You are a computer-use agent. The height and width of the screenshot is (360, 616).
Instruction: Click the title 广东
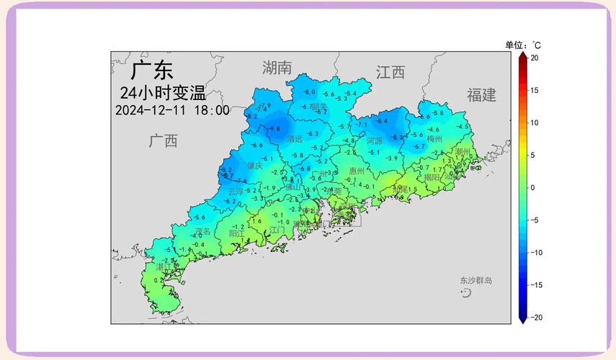(152, 71)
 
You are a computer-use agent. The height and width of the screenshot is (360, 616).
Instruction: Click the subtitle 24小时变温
(163, 93)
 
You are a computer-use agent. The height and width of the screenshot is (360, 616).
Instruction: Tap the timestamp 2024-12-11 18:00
(172, 110)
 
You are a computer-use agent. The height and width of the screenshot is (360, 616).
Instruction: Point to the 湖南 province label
(277, 68)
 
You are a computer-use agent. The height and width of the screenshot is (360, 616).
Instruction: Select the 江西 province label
(390, 72)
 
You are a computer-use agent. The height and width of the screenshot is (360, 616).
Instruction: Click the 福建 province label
(481, 95)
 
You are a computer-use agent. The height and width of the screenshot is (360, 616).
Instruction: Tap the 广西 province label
(164, 140)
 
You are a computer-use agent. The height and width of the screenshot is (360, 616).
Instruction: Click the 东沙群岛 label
(476, 280)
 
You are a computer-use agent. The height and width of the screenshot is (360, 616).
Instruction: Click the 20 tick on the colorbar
(535, 58)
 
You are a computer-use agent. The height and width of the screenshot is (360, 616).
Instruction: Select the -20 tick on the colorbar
(535, 318)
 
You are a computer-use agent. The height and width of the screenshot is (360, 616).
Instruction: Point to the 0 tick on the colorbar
(533, 187)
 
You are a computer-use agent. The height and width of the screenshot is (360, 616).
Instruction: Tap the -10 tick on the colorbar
(535, 253)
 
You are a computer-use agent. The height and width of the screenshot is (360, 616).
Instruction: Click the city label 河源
(375, 141)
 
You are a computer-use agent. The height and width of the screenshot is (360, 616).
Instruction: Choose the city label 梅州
(434, 139)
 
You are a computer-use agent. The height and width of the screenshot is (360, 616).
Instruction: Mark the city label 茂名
(202, 231)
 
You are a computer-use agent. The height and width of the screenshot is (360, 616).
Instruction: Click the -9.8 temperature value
(274, 129)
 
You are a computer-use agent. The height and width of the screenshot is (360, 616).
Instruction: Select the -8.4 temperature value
(382, 121)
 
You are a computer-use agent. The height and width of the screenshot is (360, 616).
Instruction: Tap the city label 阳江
(236, 233)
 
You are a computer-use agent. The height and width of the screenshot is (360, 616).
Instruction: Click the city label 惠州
(357, 171)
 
